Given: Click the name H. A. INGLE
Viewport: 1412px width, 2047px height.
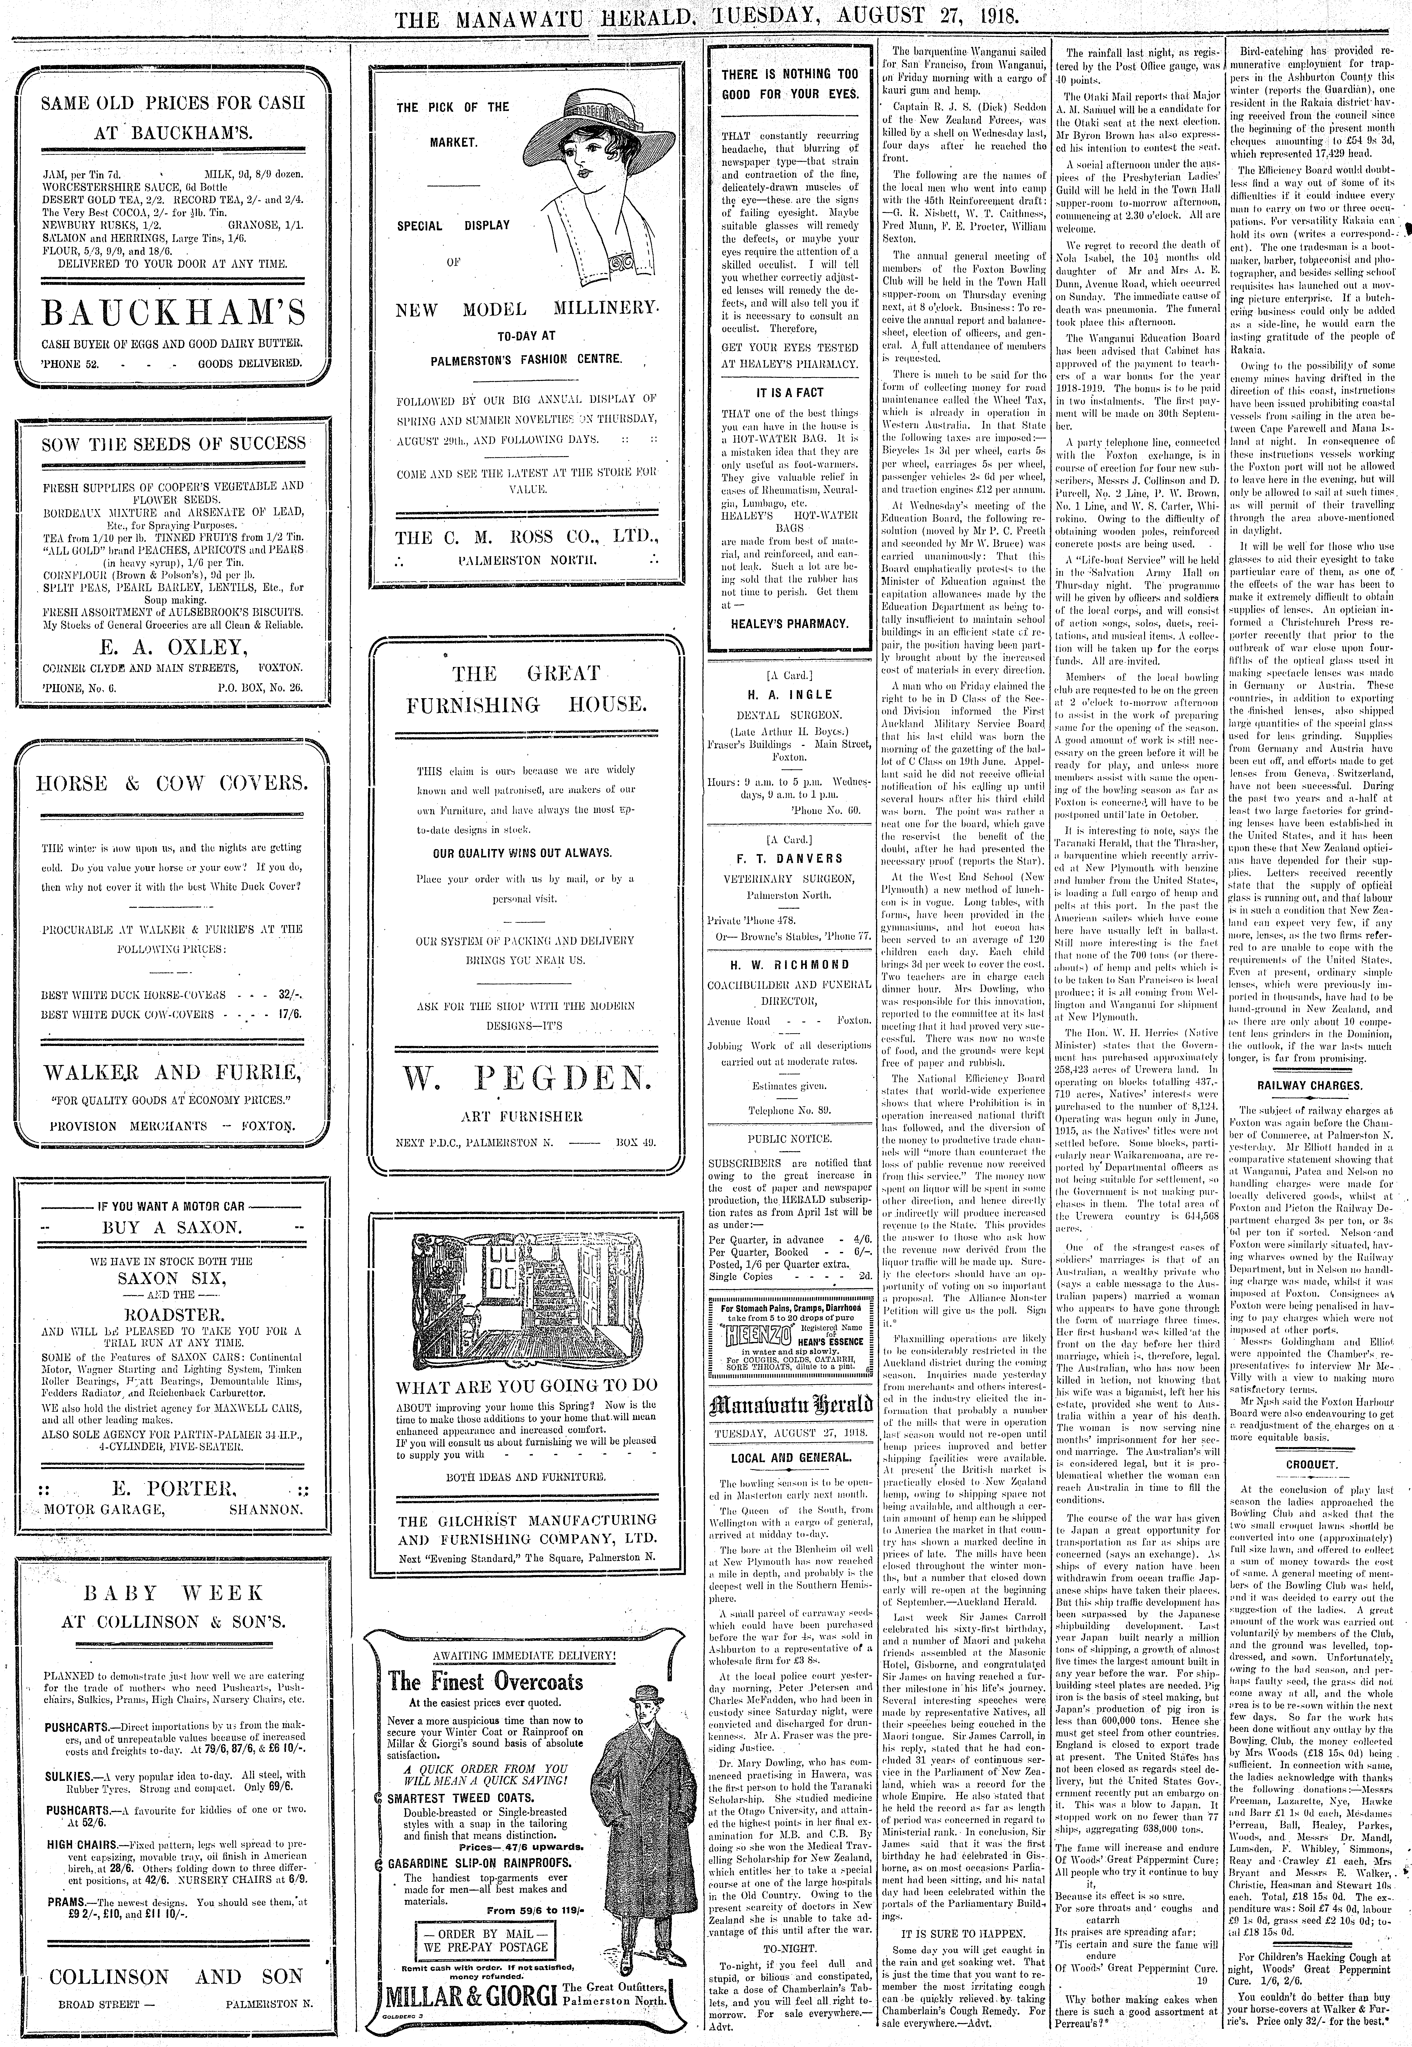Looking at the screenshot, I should point(790,695).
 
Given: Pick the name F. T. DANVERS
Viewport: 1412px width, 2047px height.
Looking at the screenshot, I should point(790,858).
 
